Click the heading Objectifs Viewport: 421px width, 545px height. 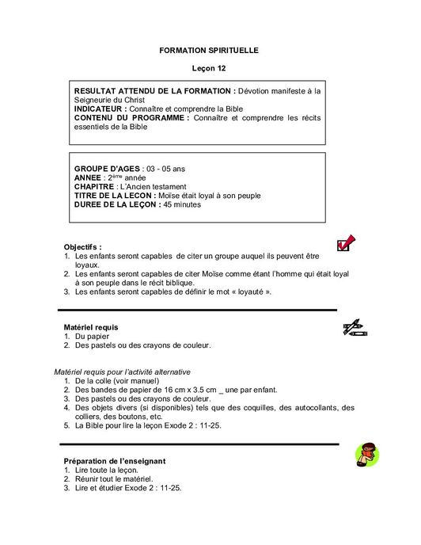pyautogui.click(x=82, y=247)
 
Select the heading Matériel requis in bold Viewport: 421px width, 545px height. pyautogui.click(x=91, y=326)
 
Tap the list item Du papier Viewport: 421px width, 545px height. pyautogui.click(x=92, y=336)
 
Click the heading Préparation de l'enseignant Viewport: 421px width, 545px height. pyautogui.click(x=125, y=461)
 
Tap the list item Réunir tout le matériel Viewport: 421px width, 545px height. pyautogui.click(x=114, y=478)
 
